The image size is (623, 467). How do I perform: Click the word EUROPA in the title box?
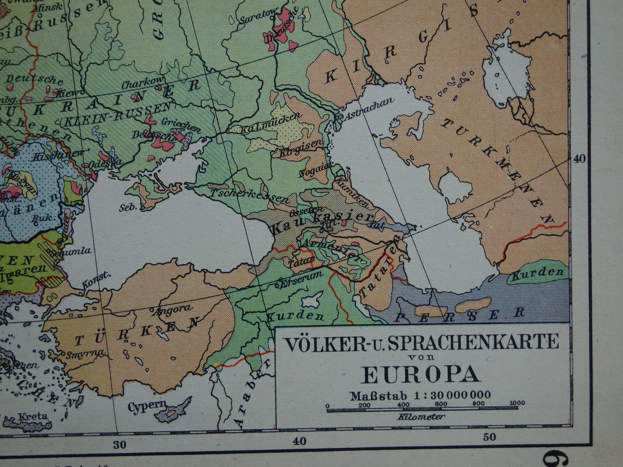tap(421, 374)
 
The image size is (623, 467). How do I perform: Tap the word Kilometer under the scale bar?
tap(421, 417)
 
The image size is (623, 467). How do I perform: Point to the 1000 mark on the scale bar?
tap(517, 404)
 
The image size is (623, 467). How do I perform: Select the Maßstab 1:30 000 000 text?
tap(420, 395)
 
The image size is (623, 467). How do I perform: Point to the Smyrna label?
tap(86, 354)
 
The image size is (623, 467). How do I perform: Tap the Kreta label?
tap(32, 417)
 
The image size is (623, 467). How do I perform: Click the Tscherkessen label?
tap(250, 196)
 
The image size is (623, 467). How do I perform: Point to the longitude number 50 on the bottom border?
tap(489, 437)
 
